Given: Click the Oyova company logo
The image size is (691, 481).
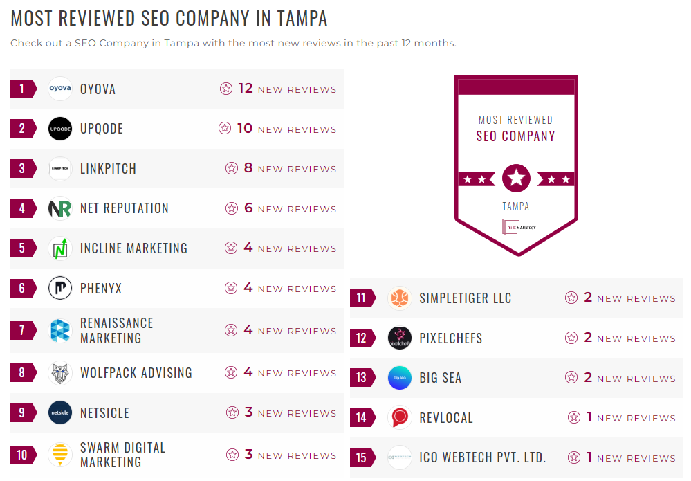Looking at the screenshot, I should pyautogui.click(x=60, y=89).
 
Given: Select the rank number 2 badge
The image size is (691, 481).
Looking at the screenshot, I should pyautogui.click(x=23, y=129).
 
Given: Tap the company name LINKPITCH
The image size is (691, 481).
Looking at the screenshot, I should pyautogui.click(x=108, y=169).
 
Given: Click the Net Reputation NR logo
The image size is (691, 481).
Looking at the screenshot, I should pyautogui.click(x=60, y=208).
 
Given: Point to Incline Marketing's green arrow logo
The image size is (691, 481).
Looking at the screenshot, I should pyautogui.click(x=60, y=248).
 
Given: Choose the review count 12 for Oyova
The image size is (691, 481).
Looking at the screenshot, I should pyautogui.click(x=246, y=89).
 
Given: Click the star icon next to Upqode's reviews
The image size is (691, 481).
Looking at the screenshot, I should pyautogui.click(x=225, y=129).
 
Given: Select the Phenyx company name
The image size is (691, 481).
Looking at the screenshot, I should pyautogui.click(x=101, y=289).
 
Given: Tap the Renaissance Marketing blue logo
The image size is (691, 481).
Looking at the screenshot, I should pyautogui.click(x=60, y=331).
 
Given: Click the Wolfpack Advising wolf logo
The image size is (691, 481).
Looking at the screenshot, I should pyautogui.click(x=60, y=373).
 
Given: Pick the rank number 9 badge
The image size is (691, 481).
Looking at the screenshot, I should pyautogui.click(x=23, y=413).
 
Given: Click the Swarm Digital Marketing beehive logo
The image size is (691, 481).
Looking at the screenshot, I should pyautogui.click(x=60, y=455).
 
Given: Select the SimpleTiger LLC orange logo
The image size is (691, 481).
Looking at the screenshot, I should pyautogui.click(x=400, y=298).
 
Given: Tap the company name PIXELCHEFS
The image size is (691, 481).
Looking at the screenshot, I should pyautogui.click(x=450, y=338).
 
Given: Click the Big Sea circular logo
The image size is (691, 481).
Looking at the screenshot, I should pyautogui.click(x=400, y=378).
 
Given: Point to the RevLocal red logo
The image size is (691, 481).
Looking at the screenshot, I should pyautogui.click(x=400, y=418).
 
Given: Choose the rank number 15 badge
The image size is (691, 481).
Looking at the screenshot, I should pyautogui.click(x=362, y=458).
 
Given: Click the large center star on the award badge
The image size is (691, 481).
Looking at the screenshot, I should pyautogui.click(x=516, y=179).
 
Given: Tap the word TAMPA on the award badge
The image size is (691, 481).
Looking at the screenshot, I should pyautogui.click(x=516, y=206).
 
